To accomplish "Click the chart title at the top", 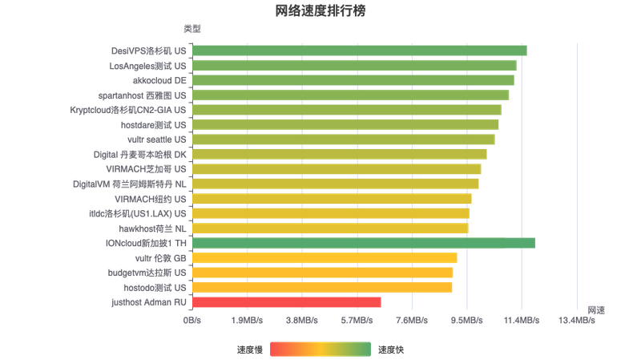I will click(x=320, y=11).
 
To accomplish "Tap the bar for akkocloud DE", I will click(x=353, y=80).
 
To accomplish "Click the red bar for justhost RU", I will click(x=287, y=302).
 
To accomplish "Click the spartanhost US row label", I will click(x=148, y=95).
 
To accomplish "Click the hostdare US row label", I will click(x=153, y=125).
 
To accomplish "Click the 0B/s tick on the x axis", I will click(x=192, y=319).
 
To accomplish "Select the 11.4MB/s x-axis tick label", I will click(x=522, y=319).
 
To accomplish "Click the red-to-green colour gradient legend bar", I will click(x=320, y=349).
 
